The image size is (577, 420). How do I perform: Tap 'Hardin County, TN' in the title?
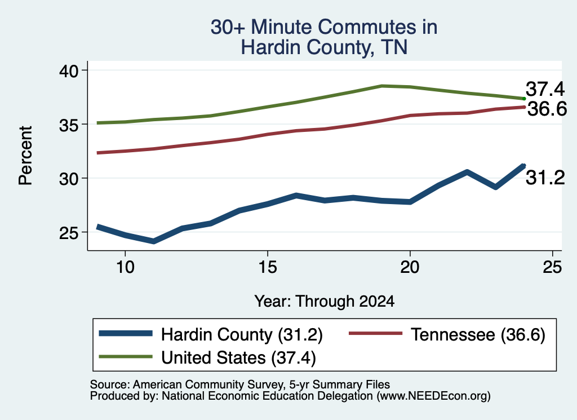(324, 47)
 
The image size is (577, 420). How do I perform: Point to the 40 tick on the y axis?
(69, 70)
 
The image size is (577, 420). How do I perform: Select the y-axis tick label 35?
(69, 125)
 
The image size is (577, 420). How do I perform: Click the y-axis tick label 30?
(69, 179)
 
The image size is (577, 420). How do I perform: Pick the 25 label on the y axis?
(69, 233)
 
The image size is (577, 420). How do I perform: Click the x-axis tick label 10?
(125, 267)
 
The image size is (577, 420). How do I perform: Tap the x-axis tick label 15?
(268, 267)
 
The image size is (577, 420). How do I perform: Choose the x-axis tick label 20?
(410, 267)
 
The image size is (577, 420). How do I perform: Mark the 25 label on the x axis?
(552, 267)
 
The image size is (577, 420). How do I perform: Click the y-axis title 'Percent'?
(26, 155)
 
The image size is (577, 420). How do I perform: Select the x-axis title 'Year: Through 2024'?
(324, 302)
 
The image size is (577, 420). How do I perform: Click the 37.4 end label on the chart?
(545, 89)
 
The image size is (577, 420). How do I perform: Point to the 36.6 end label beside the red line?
(547, 109)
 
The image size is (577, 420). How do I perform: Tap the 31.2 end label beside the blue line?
(545, 178)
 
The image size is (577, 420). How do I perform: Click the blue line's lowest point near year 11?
(153, 241)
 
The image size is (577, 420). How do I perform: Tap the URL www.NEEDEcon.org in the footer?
(433, 396)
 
